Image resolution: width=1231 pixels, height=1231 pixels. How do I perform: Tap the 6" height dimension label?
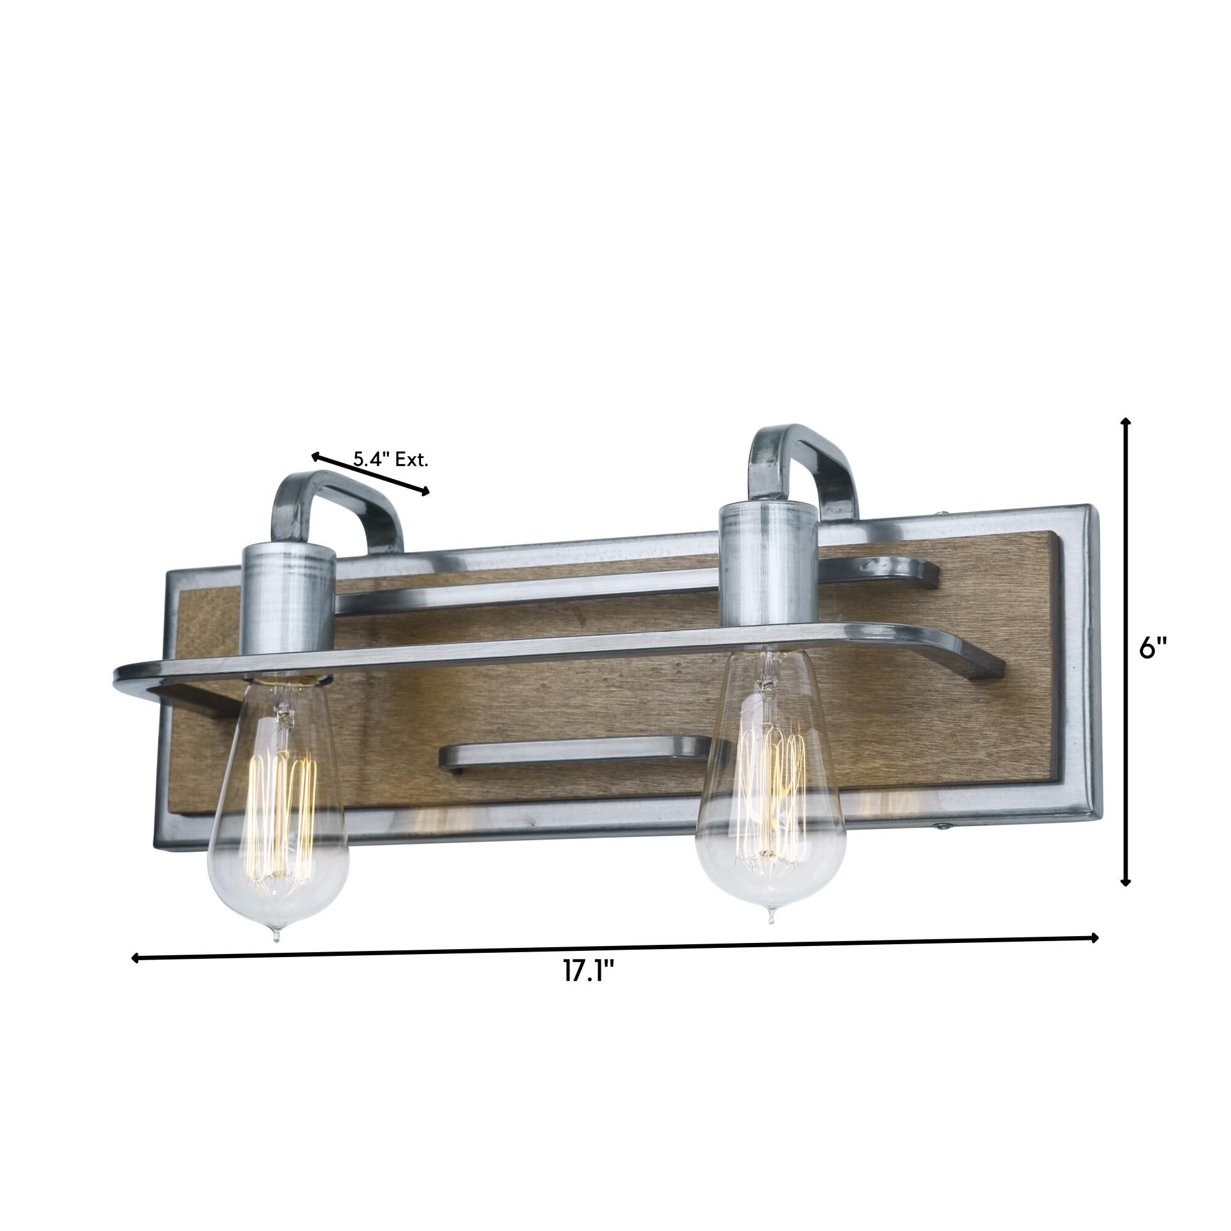pos(1153,650)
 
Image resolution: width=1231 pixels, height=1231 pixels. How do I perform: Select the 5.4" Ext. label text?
pos(391,460)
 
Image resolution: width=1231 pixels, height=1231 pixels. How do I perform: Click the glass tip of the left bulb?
pos(275,937)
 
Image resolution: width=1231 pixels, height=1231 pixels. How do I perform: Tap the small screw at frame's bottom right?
pos(941,827)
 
